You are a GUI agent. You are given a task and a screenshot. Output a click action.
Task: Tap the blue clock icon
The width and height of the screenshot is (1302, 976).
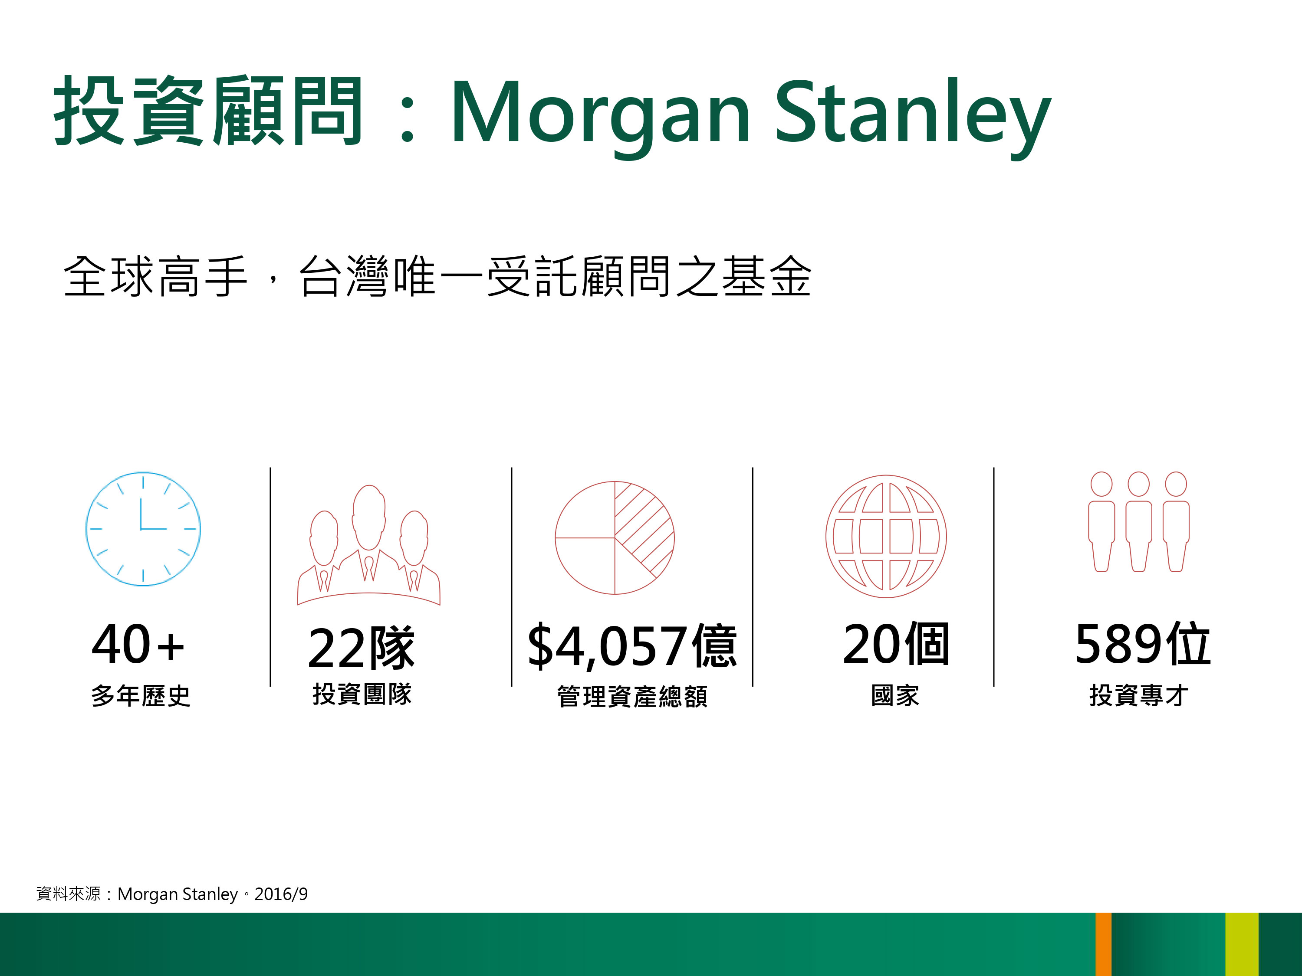[x=143, y=529]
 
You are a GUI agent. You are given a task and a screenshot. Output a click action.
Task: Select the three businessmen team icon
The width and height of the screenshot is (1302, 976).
[x=368, y=545]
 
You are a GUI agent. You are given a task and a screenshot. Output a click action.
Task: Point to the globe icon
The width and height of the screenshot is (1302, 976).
[x=886, y=537]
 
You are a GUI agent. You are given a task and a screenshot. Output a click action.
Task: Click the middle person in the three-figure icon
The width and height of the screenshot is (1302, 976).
[x=1138, y=521]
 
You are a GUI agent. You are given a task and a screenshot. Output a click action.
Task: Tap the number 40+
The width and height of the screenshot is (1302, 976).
[x=138, y=644]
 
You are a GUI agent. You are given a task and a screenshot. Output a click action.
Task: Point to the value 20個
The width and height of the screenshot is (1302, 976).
[x=896, y=644]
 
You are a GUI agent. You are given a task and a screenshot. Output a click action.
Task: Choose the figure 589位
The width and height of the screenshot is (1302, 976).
[x=1142, y=644]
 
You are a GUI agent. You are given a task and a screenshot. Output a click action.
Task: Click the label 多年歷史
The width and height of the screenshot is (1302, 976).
[x=141, y=696]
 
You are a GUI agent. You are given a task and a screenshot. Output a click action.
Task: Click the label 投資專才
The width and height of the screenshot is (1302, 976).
[x=1139, y=695]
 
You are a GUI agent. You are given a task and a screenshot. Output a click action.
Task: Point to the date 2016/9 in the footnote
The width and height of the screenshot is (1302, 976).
[x=281, y=894]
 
